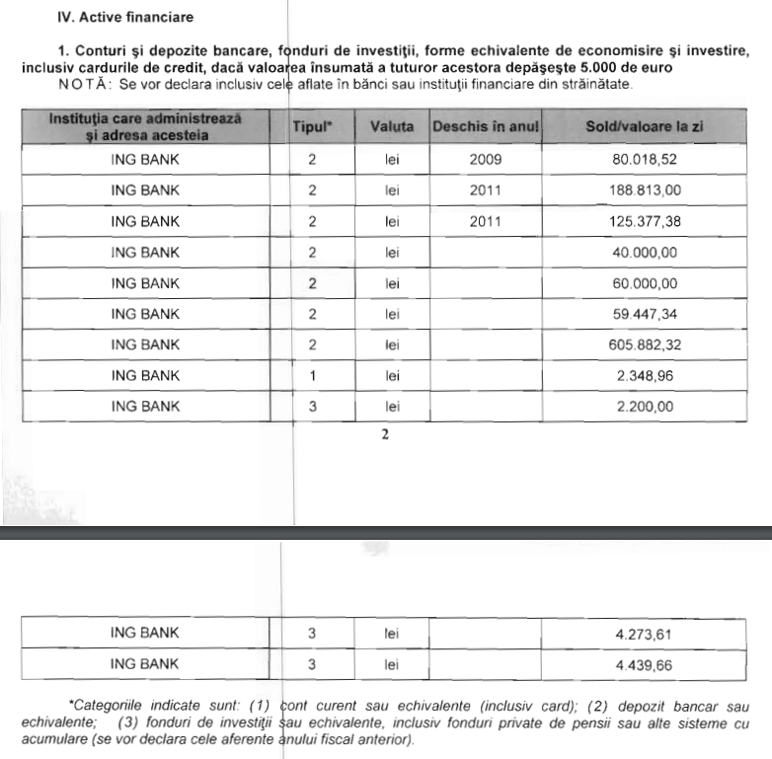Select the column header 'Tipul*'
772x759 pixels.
coord(312,127)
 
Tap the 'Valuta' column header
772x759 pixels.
coord(392,127)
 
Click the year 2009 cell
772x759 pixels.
coord(485,159)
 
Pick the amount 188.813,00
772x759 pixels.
coord(645,190)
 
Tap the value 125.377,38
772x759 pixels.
coord(645,222)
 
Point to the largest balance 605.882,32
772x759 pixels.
coord(645,344)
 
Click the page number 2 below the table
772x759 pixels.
coord(386,434)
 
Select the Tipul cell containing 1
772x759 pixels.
coord(312,375)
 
